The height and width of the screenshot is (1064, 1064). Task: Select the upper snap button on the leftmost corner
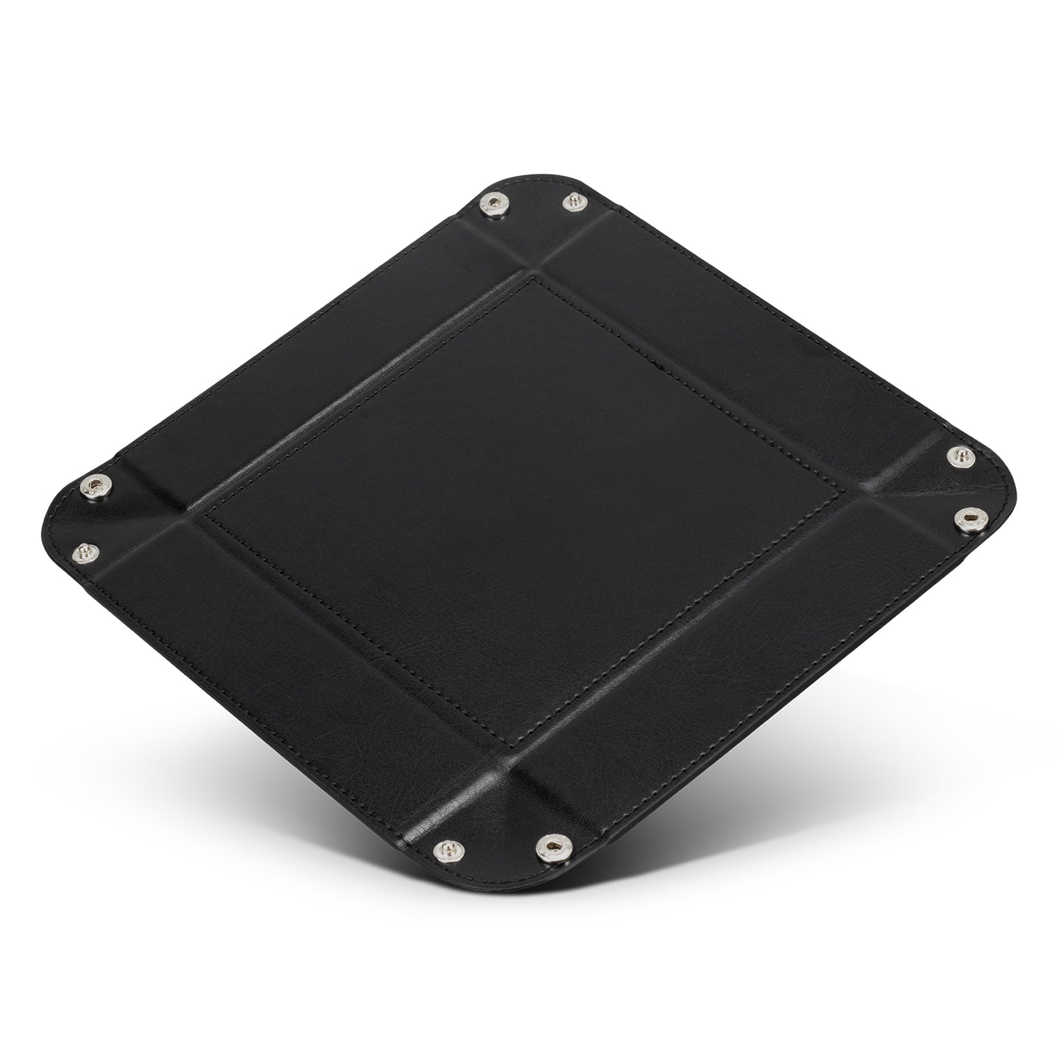95,485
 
